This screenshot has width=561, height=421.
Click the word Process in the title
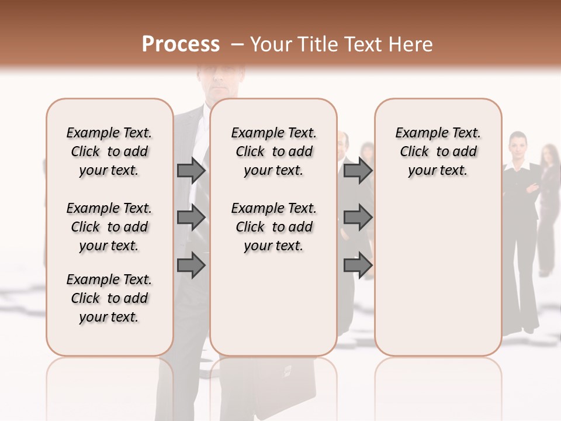coord(181,45)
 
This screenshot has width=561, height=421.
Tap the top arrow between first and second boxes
coord(191,171)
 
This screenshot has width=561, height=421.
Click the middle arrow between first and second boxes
coord(191,218)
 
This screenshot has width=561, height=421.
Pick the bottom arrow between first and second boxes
coord(191,265)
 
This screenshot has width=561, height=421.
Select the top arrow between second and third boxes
coord(358,171)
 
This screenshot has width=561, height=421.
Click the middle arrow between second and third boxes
coord(358,218)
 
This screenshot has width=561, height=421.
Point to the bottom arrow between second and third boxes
coord(358,265)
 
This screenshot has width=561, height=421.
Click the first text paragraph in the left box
coord(109,151)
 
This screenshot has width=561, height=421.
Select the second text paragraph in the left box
coord(109,227)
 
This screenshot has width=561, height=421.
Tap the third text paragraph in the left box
coord(109,298)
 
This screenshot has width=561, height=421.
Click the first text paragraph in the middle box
coord(273,151)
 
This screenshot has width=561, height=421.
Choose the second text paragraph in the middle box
coord(273,227)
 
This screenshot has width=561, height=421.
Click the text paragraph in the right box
coord(438,151)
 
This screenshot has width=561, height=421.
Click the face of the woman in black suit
coord(517,143)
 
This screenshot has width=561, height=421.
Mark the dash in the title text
coord(237,45)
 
